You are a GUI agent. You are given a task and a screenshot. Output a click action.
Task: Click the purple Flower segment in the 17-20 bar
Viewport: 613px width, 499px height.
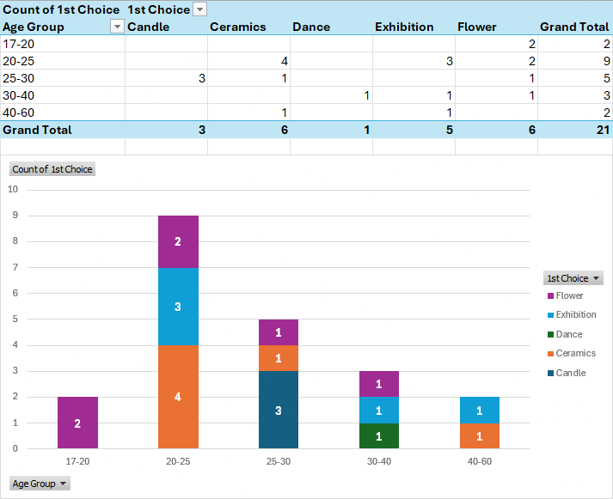pos(77,423)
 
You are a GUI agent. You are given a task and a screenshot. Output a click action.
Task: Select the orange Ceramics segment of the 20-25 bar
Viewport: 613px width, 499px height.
pos(178,397)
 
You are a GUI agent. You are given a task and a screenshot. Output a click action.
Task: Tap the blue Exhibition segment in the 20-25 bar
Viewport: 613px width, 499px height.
pos(178,307)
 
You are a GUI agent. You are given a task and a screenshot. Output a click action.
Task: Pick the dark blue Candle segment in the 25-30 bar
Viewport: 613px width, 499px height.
pos(278,410)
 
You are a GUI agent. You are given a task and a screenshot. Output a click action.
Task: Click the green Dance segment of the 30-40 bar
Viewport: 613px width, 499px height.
pos(378,435)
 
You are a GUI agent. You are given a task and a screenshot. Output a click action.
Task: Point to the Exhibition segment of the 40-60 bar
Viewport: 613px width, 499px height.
pos(479,410)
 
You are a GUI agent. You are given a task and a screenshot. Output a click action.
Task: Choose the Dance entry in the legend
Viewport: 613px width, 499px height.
pos(568,334)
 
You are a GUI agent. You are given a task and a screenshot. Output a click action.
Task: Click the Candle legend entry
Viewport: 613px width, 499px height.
pos(570,373)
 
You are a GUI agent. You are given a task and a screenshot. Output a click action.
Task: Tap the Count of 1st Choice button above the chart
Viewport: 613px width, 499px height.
pos(52,169)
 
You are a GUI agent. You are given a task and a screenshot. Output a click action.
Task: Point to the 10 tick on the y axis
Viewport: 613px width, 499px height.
pos(13,190)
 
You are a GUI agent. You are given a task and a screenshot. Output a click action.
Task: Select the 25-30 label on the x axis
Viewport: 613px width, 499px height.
pos(278,461)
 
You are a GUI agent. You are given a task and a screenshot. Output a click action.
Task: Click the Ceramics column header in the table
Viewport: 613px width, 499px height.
pos(238,27)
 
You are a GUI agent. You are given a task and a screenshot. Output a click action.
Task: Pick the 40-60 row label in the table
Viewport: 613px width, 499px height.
pos(20,113)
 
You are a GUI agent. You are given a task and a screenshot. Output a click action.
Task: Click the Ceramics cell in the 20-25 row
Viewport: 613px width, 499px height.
pos(248,61)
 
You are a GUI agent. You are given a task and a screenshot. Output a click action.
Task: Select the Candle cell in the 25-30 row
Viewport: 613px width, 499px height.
pos(166,78)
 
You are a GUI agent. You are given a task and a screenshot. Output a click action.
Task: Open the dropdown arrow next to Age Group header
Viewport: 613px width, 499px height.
pos(117,27)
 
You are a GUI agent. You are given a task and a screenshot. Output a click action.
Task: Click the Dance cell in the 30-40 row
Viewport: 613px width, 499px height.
pos(331,95)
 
